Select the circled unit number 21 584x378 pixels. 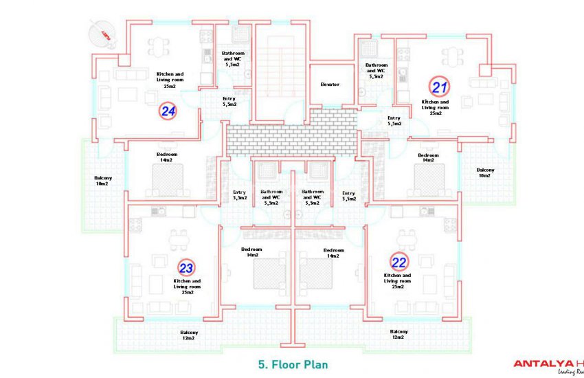[x=439, y=87]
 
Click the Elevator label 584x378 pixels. [x=330, y=85]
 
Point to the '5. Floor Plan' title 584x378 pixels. [x=293, y=365]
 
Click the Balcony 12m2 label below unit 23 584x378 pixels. [x=189, y=335]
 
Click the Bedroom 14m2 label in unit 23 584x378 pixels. [x=251, y=252]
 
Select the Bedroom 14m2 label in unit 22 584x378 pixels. [x=333, y=252]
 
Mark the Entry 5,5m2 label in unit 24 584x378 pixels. [x=229, y=102]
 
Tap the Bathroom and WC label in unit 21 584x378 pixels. [x=376, y=71]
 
